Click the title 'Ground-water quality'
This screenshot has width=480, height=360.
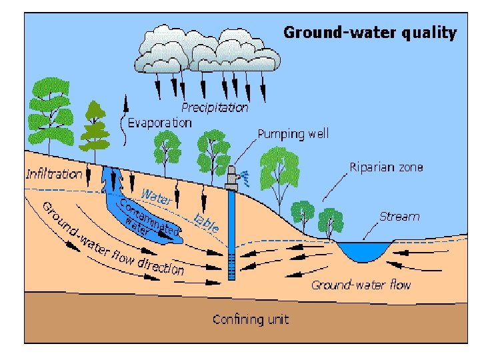[370, 33]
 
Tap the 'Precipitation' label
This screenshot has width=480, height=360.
[215, 107]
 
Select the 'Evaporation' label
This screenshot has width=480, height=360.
[159, 123]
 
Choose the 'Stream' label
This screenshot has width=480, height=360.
[399, 216]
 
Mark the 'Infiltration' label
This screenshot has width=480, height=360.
[54, 175]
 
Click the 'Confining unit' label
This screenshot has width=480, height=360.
[251, 319]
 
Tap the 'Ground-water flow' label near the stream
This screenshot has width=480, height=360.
[361, 285]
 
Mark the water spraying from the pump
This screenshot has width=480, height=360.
[245, 177]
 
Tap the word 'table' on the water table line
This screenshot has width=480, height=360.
[206, 221]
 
